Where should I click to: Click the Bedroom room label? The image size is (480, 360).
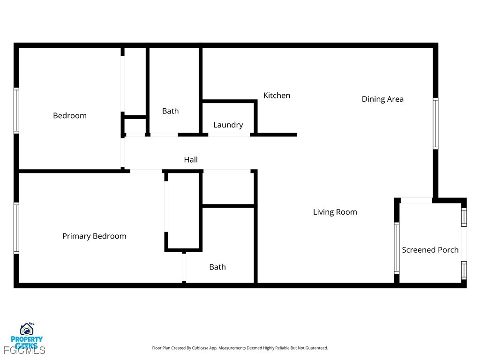tap(70, 116)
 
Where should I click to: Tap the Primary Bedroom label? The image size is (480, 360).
tap(94, 236)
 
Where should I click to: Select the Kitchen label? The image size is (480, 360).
tap(277, 96)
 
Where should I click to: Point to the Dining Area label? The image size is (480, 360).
tap(382, 99)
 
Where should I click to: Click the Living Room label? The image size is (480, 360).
tap(335, 212)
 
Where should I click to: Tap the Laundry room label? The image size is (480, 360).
tap(228, 125)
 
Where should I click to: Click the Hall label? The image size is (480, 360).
tap(191, 160)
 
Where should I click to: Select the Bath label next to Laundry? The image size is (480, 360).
tap(170, 111)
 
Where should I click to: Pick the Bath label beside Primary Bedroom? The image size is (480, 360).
tap(217, 267)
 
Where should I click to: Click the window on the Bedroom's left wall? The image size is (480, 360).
tap(16, 111)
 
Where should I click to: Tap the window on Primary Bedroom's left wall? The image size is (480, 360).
tap(16, 228)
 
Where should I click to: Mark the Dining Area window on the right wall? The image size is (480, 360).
tap(435, 123)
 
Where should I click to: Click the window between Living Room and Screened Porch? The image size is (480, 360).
tap(397, 248)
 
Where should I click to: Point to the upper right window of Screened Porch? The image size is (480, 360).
tap(464, 217)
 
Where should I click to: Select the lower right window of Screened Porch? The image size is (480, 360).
tap(464, 270)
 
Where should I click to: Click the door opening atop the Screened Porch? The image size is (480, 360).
tap(416, 201)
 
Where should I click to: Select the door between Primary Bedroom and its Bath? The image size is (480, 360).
tap(184, 267)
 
